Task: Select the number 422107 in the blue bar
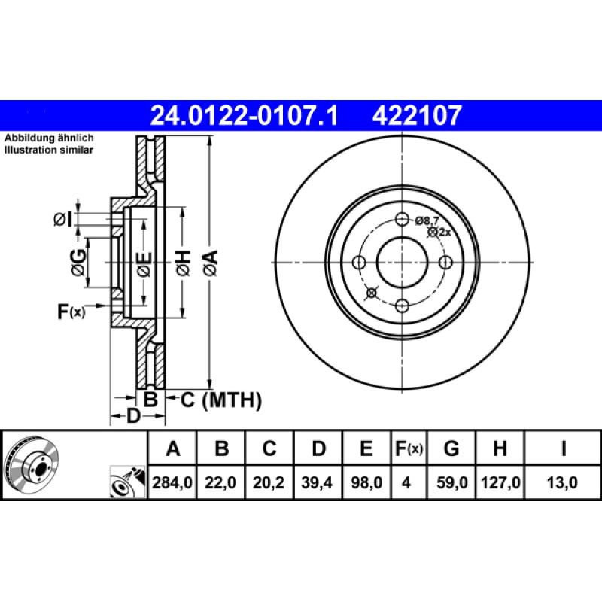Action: [x=416, y=115]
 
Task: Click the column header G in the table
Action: [x=451, y=449]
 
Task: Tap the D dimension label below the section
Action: [x=132, y=417]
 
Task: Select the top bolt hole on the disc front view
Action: [x=402, y=220]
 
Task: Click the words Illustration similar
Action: [x=50, y=150]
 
